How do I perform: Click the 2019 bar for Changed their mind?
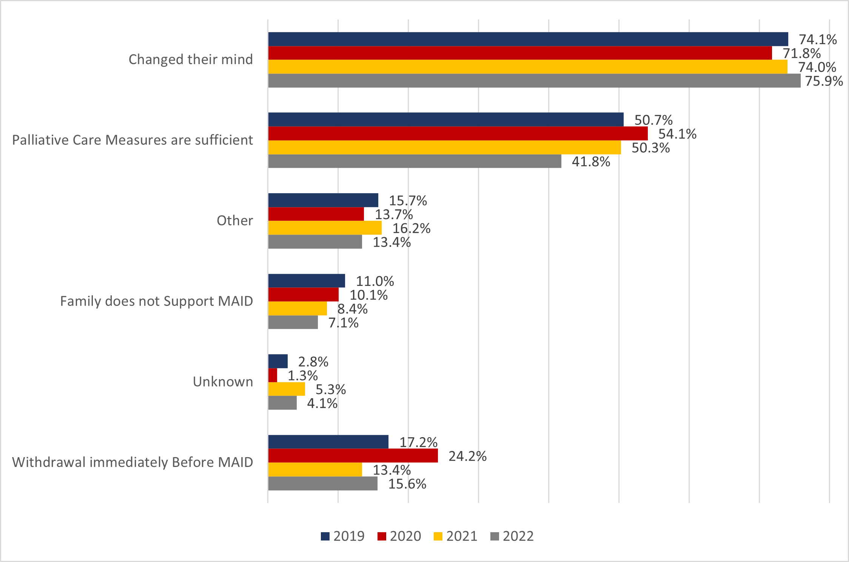[x=528, y=39]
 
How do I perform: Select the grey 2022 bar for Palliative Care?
[x=414, y=161]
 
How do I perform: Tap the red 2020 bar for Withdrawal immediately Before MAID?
[x=353, y=456]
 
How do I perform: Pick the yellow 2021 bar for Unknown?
[x=287, y=389]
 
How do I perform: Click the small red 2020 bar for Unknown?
[x=273, y=375]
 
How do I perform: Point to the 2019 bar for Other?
[x=323, y=200]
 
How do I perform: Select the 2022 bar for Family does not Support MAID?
[x=293, y=322]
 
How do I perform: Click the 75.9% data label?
[x=824, y=81]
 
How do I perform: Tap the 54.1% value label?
[x=677, y=134]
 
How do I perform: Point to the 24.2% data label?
[x=467, y=456]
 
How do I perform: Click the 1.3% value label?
[x=302, y=376]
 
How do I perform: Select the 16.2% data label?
[x=411, y=228]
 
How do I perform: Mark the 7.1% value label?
[x=343, y=323]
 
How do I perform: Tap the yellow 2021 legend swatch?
[x=438, y=536]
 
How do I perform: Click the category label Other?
[x=234, y=221]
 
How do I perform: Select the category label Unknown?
[x=223, y=382]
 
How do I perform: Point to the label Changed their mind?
[x=191, y=60]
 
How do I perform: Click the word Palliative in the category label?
[x=40, y=140]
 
